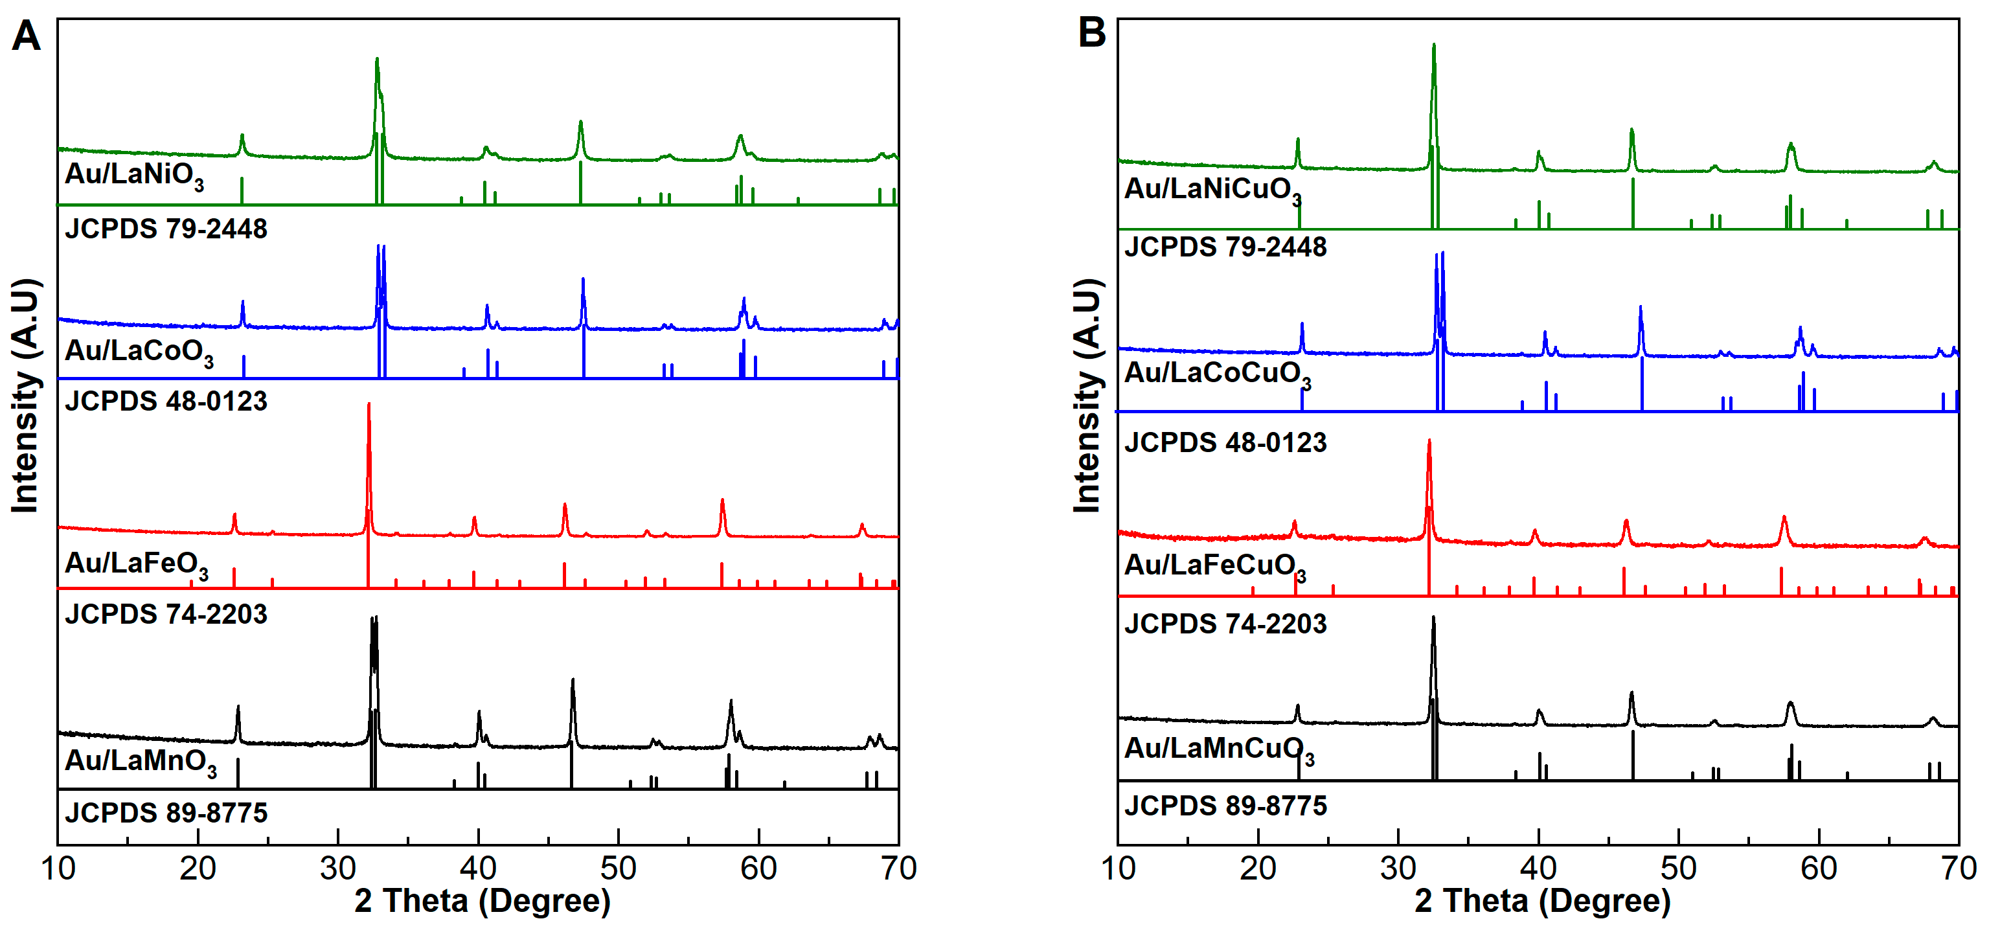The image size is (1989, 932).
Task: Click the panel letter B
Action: click(1091, 32)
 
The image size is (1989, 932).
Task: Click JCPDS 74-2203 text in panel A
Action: click(166, 615)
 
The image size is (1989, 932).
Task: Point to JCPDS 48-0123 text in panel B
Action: click(1225, 443)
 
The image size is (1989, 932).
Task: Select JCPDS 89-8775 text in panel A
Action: click(166, 813)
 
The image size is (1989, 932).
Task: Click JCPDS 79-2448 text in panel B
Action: click(1225, 247)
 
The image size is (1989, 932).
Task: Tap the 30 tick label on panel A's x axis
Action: click(337, 869)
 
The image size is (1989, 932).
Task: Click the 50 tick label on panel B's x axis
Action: click(1678, 869)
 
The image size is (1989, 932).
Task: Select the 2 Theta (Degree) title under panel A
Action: click(482, 901)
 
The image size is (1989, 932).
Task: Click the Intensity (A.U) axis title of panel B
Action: click(1087, 395)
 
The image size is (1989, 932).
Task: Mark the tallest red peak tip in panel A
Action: click(369, 404)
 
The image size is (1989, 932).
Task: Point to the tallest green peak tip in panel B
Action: click(1434, 45)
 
